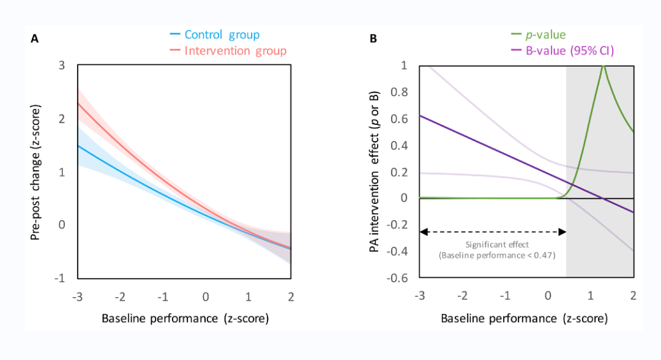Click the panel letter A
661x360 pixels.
click(34, 39)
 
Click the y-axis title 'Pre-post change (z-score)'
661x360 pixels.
click(37, 171)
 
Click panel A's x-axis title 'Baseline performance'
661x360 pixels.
click(185, 318)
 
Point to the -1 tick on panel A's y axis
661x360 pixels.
click(60, 278)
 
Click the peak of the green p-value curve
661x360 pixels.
click(603, 66)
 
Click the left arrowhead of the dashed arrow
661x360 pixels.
click(422, 232)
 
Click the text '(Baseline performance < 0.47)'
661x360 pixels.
click(496, 255)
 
